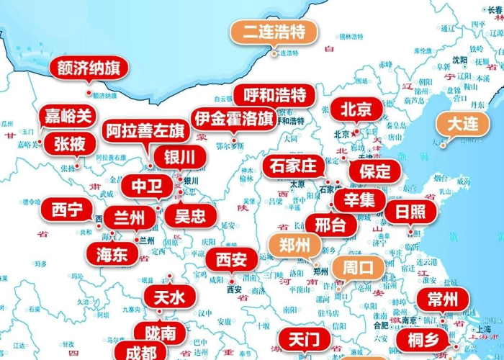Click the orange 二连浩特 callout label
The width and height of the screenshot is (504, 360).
click(x=274, y=32)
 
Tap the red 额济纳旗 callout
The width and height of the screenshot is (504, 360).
click(x=89, y=69)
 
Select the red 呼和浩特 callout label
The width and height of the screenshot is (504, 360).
click(x=275, y=95)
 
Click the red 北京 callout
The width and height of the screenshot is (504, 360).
click(x=356, y=109)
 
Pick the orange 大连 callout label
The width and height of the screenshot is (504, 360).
click(x=462, y=123)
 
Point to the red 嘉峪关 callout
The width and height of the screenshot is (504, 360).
click(x=69, y=115)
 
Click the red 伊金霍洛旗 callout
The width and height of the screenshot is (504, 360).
click(x=233, y=119)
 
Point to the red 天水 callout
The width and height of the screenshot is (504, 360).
click(x=169, y=296)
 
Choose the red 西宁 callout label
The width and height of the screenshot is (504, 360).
click(x=67, y=210)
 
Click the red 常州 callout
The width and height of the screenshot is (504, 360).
click(x=443, y=300)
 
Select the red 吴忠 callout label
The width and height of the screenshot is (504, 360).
click(x=190, y=215)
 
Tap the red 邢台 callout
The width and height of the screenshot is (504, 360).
click(x=330, y=225)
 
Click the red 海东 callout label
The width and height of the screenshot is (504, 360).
click(x=112, y=253)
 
